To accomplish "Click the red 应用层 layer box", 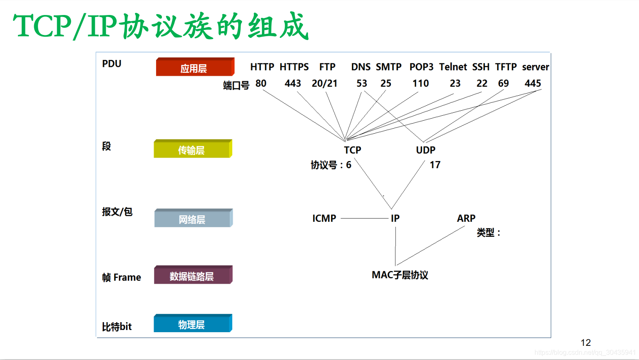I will tap(195, 67).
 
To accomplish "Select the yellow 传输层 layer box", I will tap(192, 149).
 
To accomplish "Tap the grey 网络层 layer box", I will tap(193, 218).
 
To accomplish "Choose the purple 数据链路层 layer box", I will tap(193, 276).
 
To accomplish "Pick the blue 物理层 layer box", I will tap(192, 324).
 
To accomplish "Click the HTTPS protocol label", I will tap(294, 67).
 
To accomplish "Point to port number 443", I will tap(293, 84).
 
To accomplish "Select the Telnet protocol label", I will tap(453, 67).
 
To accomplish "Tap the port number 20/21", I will tap(324, 84).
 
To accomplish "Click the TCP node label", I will tap(352, 150).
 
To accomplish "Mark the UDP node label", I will tap(425, 150).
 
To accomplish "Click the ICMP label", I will tap(324, 218).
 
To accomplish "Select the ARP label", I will tap(466, 218).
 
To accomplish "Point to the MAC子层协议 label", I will tap(400, 275).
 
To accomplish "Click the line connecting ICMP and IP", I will tap(364, 218).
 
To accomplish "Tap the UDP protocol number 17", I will tap(435, 165).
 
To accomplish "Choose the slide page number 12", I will tap(585, 343).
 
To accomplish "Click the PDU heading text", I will tap(112, 64).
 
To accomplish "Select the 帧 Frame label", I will tap(122, 277).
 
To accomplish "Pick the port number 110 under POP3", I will tap(420, 84).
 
